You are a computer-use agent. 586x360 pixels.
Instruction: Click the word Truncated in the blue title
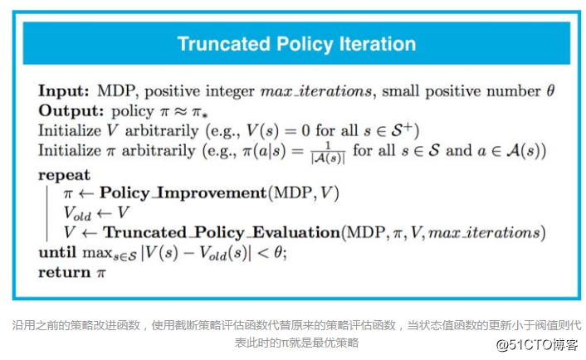click(223, 44)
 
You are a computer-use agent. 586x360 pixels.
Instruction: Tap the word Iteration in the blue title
click(378, 44)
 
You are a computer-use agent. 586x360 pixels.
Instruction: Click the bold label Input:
click(64, 90)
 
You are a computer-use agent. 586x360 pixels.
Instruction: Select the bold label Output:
click(71, 110)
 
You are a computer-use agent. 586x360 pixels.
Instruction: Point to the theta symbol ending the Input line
click(550, 90)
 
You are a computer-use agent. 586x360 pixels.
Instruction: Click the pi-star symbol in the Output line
click(199, 112)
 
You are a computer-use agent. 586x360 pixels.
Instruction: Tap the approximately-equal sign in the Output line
click(180, 111)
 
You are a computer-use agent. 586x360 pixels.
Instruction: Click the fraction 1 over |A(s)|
click(328, 153)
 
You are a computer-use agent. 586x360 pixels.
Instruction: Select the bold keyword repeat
click(64, 175)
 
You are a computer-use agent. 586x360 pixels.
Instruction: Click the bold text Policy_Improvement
click(183, 192)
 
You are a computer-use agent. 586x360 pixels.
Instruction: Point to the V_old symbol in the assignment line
click(77, 213)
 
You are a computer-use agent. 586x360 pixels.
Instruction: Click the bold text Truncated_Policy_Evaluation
click(222, 232)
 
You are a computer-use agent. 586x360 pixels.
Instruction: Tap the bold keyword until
click(57, 252)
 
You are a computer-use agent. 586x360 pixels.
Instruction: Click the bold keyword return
click(64, 272)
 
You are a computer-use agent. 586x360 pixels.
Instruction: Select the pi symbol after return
click(101, 274)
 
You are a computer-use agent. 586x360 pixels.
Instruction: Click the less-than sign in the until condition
click(263, 253)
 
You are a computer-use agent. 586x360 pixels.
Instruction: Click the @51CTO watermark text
click(537, 345)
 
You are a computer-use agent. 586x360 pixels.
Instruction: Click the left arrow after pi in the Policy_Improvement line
click(86, 193)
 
